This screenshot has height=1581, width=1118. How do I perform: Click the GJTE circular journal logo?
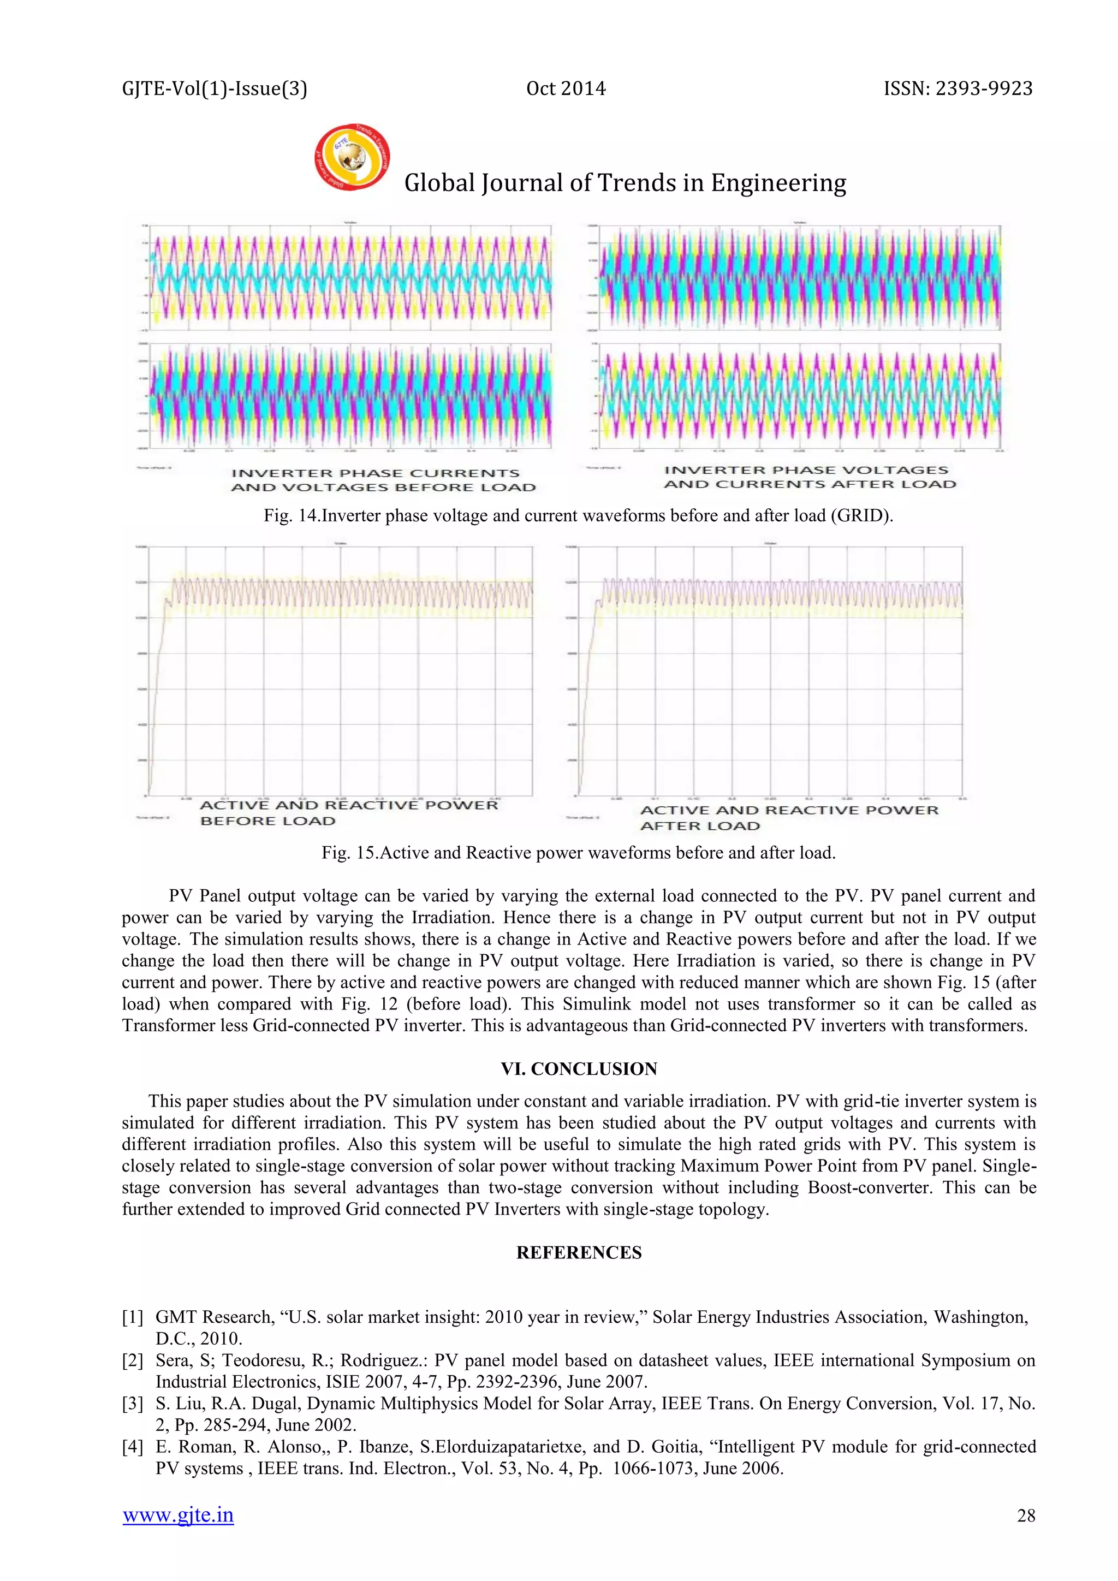(x=352, y=157)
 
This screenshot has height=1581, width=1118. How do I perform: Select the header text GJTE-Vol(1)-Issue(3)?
(x=214, y=89)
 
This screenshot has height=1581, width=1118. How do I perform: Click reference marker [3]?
(x=132, y=1404)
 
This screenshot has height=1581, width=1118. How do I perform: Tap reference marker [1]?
(x=132, y=1317)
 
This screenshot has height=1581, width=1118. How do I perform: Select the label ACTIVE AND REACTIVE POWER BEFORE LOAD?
(x=348, y=812)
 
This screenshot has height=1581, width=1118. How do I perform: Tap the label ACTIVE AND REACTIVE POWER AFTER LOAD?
(x=789, y=817)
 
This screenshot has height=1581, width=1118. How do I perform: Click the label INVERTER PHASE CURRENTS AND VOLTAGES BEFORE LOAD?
(x=383, y=480)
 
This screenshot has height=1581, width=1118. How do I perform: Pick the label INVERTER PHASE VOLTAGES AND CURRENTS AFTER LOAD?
(x=810, y=477)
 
